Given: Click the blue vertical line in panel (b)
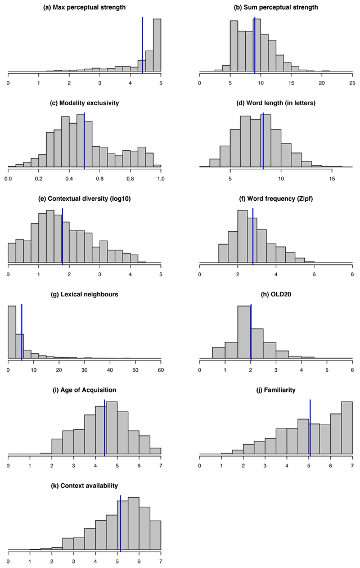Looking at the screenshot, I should pos(255,45).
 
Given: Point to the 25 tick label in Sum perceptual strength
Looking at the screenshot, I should pos(352,83).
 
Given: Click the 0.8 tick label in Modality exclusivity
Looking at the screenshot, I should pos(130,178).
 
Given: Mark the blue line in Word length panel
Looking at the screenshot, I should pos(263,141).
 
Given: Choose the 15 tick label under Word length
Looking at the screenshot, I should pos(332,178).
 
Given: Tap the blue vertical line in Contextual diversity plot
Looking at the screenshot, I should pos(62,236).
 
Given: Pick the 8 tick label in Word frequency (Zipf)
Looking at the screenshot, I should pos(352,274).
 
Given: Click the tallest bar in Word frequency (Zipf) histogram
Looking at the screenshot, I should pos(242,237).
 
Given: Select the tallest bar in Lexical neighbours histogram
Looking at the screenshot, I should pos(12,332).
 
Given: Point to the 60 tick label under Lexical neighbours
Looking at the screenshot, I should pos(160,369).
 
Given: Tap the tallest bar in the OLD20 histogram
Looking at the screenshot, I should pos(245,332).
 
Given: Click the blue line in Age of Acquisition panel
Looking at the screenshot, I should pos(105,427).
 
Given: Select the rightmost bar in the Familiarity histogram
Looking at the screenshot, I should pos(347,428).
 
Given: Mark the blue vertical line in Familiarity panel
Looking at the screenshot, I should pos(310,427).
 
